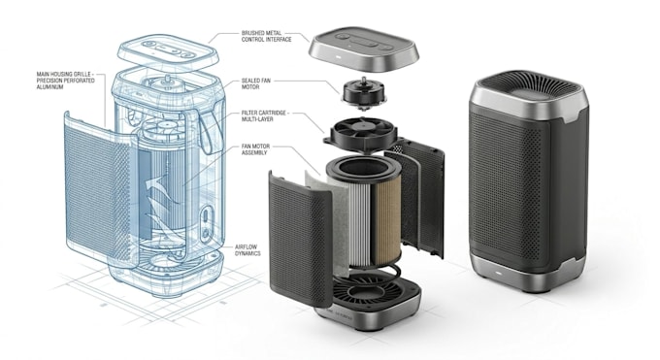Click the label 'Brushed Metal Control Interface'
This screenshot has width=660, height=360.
click(266, 36)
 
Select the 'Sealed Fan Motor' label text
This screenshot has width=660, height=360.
click(256, 83)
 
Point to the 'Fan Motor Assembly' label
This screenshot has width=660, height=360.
click(255, 149)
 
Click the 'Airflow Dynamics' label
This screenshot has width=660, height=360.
click(247, 250)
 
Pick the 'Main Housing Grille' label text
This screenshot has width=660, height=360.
click(65, 81)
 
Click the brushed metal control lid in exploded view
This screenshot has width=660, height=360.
click(365, 49)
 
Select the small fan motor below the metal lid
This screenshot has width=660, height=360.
click(364, 91)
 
